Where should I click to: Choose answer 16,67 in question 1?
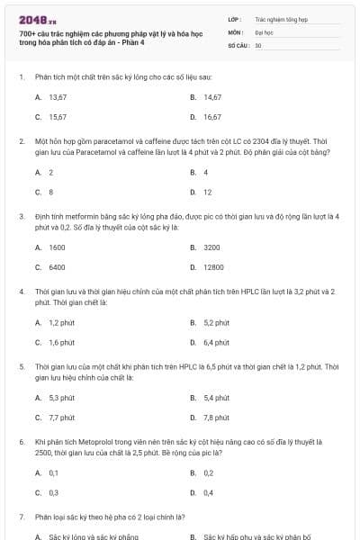tap(212, 117)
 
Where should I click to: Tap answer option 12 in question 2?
tap(207, 192)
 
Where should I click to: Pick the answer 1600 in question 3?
tap(57, 247)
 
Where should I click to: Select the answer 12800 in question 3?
tap(213, 267)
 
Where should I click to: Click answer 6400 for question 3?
tap(57, 267)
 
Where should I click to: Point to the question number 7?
tap(21, 517)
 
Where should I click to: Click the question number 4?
tap(21, 292)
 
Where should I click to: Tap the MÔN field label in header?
tap(235, 31)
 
